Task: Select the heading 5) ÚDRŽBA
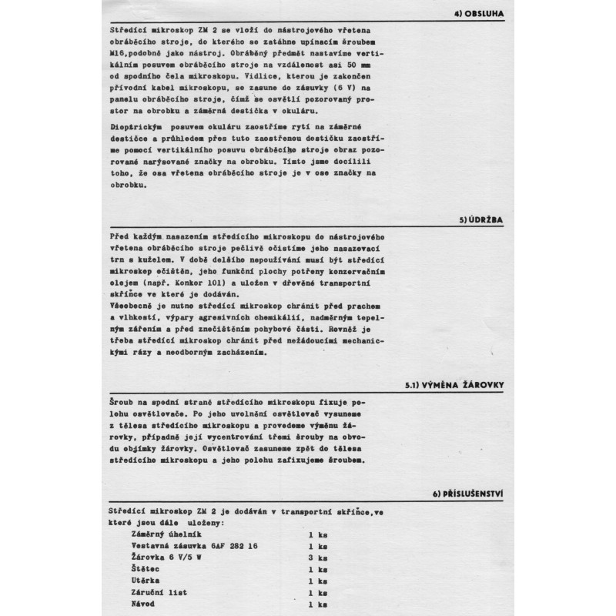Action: coord(482,220)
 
